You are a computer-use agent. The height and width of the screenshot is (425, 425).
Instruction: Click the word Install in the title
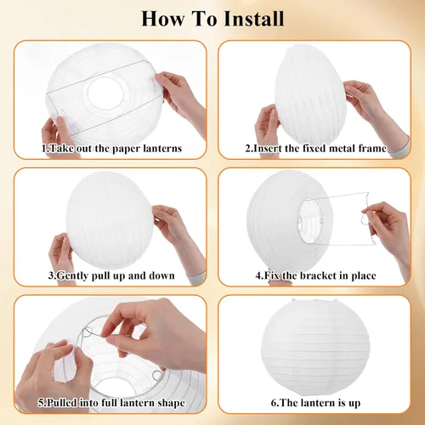pyautogui.click(x=253, y=19)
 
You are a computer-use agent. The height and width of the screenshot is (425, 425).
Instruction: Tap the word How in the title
pyautogui.click(x=162, y=19)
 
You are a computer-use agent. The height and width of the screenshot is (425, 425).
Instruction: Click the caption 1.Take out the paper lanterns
pyautogui.click(x=111, y=148)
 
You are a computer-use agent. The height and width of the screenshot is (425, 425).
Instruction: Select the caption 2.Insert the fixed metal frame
pyautogui.click(x=316, y=148)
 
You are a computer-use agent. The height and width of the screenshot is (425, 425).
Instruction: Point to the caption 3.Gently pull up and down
pyautogui.click(x=111, y=275)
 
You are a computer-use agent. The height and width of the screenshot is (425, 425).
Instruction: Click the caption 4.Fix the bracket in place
pyautogui.click(x=315, y=275)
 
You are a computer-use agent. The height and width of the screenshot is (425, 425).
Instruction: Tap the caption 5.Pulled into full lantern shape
pyautogui.click(x=111, y=403)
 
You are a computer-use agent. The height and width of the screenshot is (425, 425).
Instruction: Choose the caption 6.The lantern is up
pyautogui.click(x=315, y=403)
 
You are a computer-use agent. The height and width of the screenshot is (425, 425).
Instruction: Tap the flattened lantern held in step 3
pyautogui.click(x=110, y=220)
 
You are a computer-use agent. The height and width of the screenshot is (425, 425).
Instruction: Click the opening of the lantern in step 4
pyautogui.click(x=310, y=221)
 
